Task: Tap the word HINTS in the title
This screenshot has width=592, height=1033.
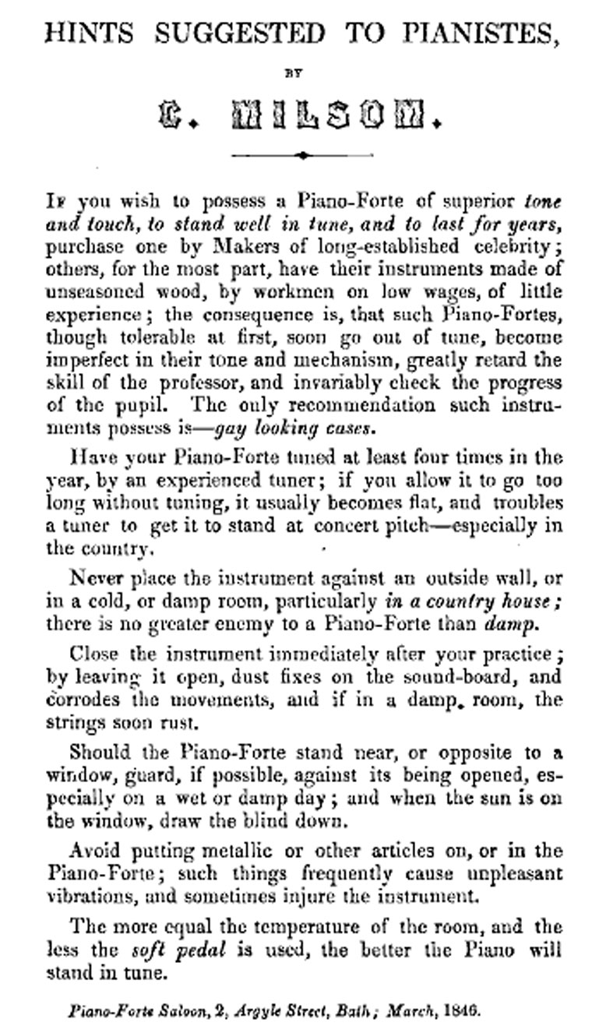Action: pyautogui.click(x=88, y=33)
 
